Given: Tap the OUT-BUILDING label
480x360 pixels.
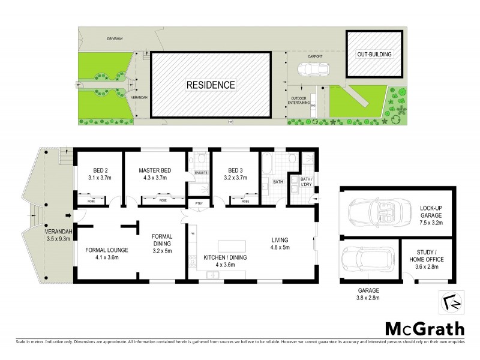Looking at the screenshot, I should click(374, 55).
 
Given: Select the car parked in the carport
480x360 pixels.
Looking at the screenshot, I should click(311, 70).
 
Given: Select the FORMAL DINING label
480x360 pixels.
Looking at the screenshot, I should click(162, 239).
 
